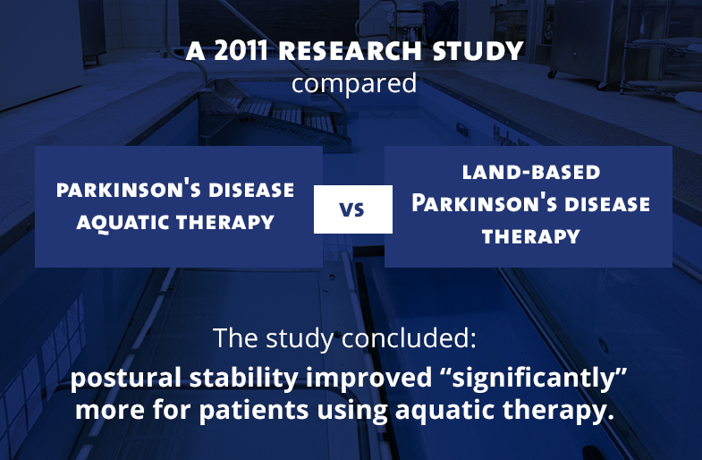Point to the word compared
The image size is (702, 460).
point(354,84)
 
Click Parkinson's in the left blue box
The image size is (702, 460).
point(120,190)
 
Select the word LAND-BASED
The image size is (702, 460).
point(531,171)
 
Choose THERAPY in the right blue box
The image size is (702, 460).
point(531,236)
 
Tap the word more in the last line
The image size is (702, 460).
point(108,413)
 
